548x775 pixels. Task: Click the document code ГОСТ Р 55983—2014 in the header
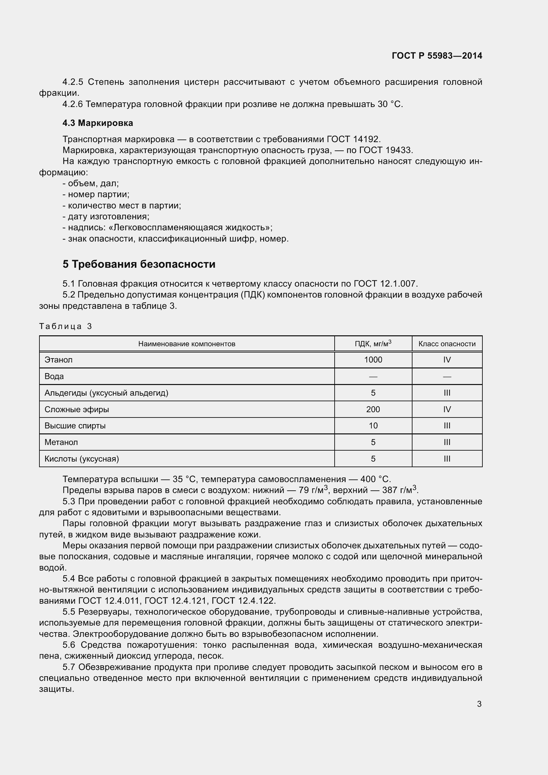tap(437, 56)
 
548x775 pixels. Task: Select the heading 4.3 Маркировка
tap(97, 123)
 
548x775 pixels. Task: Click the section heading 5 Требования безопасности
tap(139, 264)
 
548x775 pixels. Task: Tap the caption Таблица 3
tap(66, 326)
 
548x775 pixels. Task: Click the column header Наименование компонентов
tap(187, 344)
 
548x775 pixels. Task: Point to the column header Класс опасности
tap(447, 344)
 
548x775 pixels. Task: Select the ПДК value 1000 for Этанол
tap(373, 360)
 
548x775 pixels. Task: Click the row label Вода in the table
tap(54, 376)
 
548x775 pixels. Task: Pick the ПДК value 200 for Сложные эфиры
tap(373, 410)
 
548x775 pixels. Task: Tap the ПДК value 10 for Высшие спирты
tap(373, 426)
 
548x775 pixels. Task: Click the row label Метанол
tap(61, 442)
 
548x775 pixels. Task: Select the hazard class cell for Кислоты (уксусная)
tap(447, 459)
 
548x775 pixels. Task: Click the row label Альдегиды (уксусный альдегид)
tap(106, 393)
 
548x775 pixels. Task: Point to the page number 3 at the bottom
tap(479, 704)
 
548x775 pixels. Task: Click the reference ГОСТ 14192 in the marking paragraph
tap(353, 139)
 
